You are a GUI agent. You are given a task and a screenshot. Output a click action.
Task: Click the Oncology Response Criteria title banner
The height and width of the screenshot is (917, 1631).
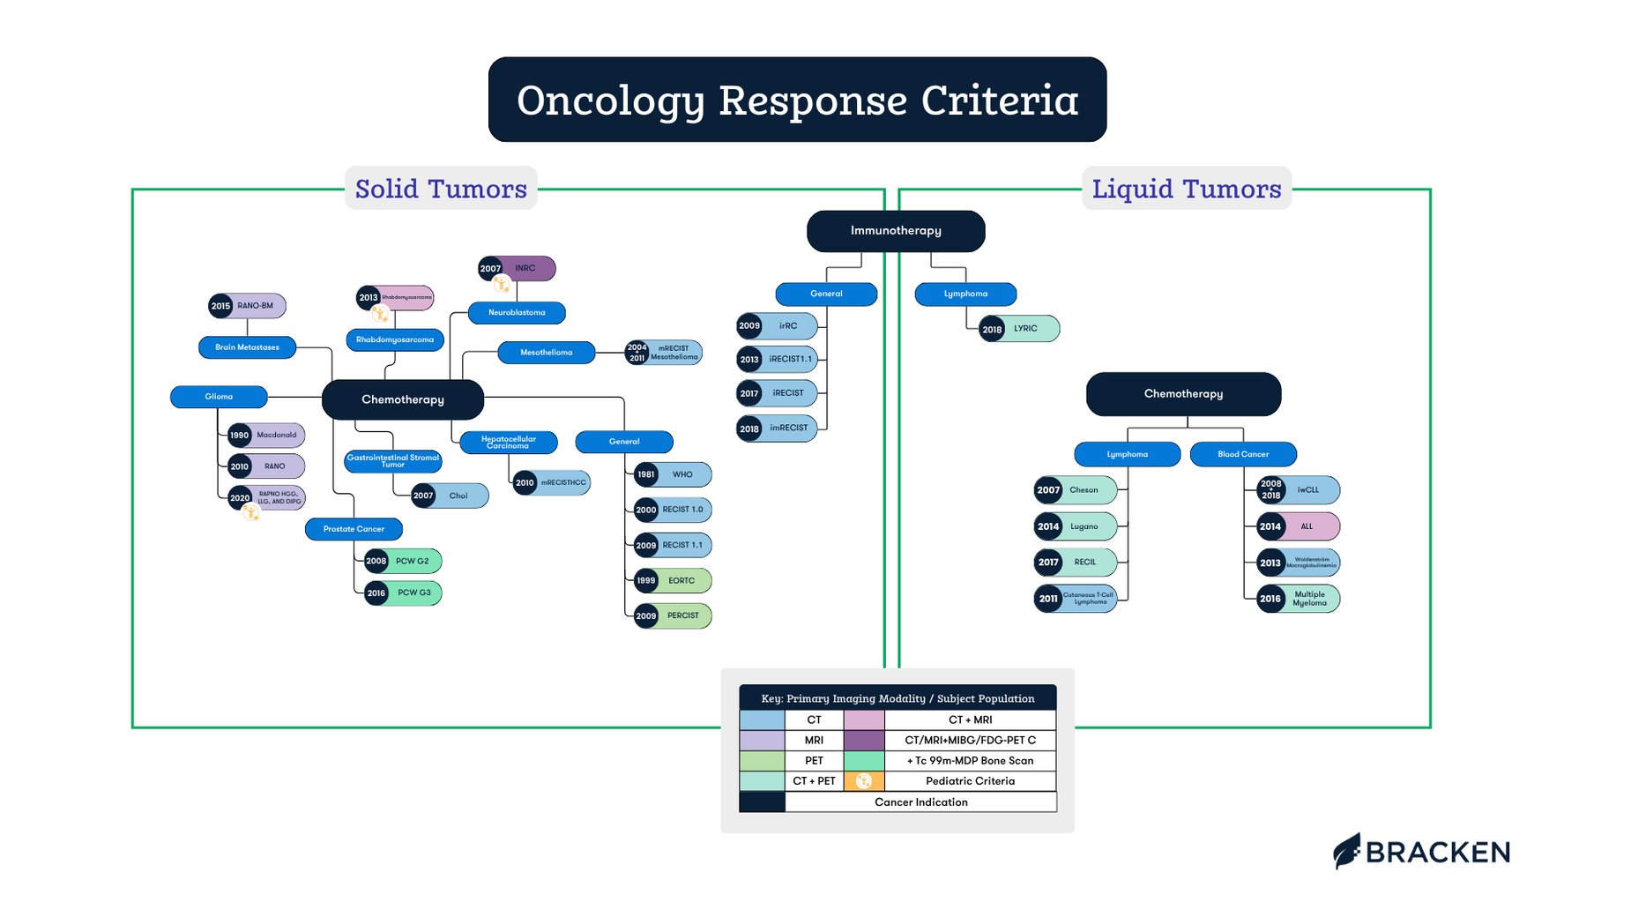pos(797,100)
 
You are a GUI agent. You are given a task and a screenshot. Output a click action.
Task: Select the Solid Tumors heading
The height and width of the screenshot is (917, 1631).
pos(441,189)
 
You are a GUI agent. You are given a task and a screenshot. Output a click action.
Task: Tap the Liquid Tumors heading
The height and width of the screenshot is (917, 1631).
pos(1186,189)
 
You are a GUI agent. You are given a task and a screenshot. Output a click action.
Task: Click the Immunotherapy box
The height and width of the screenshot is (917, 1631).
pos(896,231)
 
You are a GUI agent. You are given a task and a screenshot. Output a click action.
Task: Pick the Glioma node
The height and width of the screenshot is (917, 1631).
pos(219,397)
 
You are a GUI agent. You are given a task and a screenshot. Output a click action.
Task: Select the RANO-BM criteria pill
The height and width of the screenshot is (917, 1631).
pos(248,306)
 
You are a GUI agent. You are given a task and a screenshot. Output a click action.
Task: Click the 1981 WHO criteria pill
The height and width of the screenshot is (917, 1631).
pos(673,474)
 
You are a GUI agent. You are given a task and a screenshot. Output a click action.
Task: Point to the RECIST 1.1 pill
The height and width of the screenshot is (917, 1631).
pos(673,545)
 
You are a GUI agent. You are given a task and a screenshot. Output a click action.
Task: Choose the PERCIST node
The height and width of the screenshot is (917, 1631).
pos(673,615)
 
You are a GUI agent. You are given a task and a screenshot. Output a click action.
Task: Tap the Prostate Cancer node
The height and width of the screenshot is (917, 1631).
pos(354,529)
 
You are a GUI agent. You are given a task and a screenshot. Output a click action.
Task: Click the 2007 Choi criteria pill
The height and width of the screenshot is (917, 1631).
pos(450,496)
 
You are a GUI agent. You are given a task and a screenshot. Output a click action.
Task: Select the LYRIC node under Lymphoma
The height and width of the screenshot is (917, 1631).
pos(1019,329)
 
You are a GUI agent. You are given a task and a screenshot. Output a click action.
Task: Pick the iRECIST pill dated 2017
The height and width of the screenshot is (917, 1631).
pos(777,393)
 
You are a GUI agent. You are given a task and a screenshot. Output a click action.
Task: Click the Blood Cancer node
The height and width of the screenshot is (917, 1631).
pos(1243,454)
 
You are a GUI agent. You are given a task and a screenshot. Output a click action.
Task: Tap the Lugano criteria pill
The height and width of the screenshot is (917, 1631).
pos(1076,526)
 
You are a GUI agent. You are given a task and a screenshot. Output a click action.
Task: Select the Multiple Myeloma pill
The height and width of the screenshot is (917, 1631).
pos(1299,599)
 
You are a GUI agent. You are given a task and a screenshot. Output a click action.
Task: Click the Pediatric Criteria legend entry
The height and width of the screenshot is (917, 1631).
pos(969,781)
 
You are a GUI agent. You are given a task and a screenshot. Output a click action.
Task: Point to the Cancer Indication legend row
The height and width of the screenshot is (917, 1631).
pos(920,802)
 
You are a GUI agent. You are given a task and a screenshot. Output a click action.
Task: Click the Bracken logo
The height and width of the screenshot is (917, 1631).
pos(1421,852)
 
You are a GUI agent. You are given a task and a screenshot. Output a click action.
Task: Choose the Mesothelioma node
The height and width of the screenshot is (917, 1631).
pos(547,353)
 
